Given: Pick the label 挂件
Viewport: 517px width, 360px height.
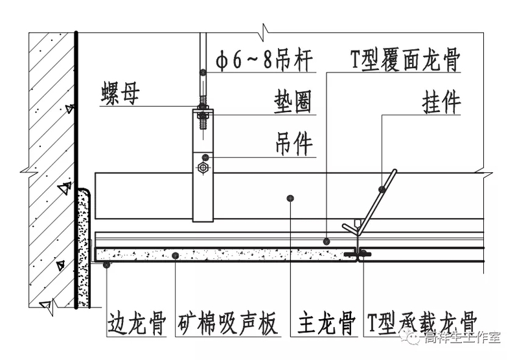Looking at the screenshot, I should (x=440, y=103).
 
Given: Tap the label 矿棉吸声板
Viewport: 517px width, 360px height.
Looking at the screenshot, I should (x=227, y=322).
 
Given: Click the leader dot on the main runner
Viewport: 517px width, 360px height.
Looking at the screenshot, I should (x=291, y=197).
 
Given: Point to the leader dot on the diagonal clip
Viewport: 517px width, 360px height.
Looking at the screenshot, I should (x=382, y=189).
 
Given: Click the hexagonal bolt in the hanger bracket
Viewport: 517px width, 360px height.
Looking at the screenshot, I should (x=203, y=168).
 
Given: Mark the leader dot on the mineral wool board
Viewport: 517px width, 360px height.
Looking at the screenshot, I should (x=176, y=256).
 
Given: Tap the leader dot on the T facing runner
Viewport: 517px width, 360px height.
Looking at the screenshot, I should (x=327, y=241).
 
